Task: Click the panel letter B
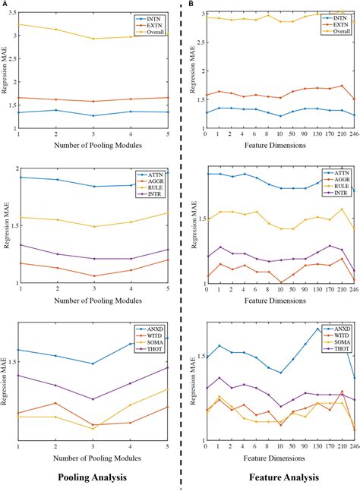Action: click(191, 4)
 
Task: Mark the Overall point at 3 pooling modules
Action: click(93, 39)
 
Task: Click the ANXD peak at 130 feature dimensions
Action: click(317, 329)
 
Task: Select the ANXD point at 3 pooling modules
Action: click(93, 364)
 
